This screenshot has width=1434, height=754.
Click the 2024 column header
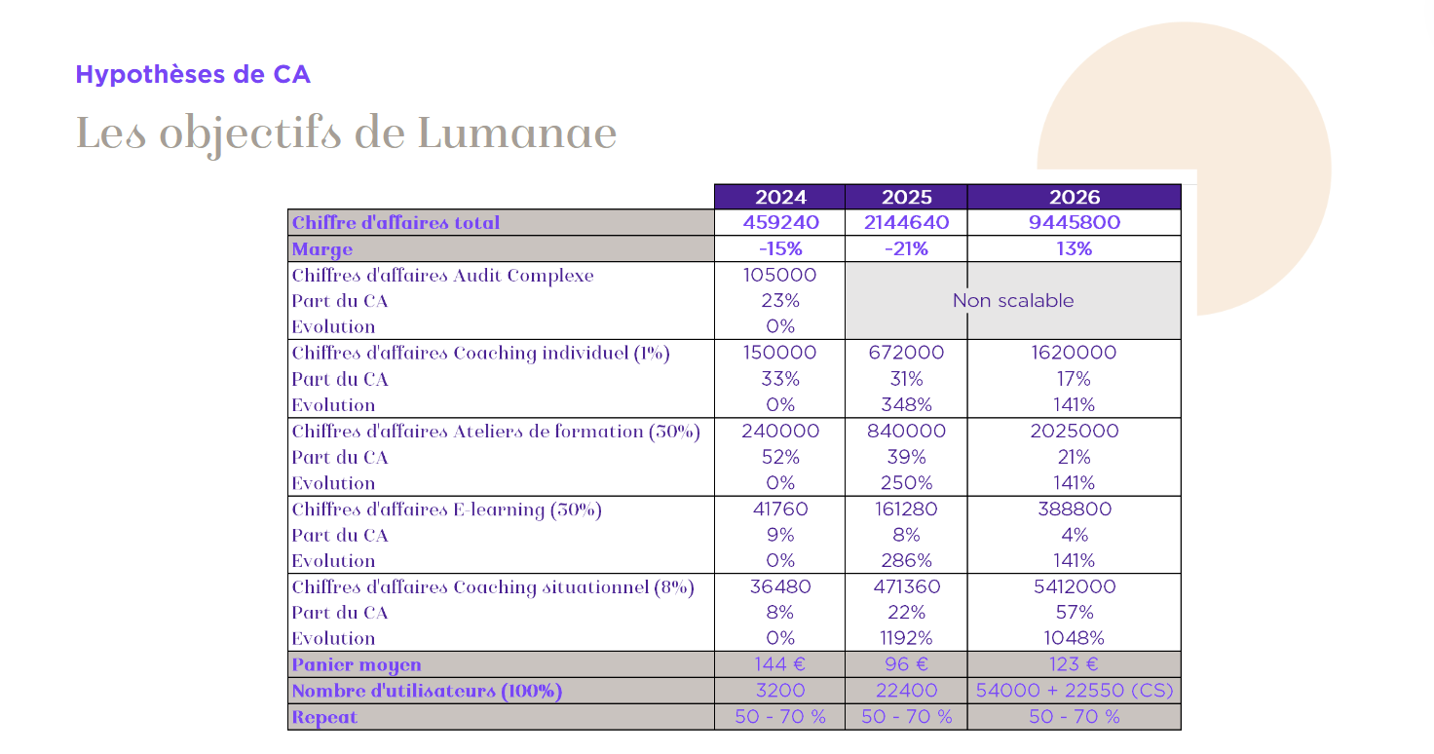pos(779,197)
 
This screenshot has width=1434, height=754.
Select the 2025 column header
pos(907,197)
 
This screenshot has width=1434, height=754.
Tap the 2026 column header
pos(1075,197)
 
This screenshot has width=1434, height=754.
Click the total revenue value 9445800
pos(1075,222)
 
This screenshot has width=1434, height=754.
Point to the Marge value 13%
pos(1075,248)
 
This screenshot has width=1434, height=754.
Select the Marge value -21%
pos(907,248)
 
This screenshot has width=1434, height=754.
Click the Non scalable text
pos(1013,300)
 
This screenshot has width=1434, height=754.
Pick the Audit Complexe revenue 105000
pos(779,275)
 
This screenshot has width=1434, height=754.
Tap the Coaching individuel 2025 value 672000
pos(907,352)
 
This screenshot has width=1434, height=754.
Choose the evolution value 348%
pos(907,404)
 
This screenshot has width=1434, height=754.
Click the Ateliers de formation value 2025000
pos(1075,431)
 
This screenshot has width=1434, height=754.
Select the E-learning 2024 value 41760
pos(779,509)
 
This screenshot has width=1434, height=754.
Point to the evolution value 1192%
pos(907,638)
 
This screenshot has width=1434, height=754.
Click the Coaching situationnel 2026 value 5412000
pos(1075,586)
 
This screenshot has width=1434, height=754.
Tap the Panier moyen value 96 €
pos(907,664)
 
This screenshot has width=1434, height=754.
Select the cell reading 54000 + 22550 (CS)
pos(1075,691)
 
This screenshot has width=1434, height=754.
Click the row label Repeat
pos(324,718)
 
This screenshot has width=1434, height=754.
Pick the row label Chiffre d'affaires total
pos(396,223)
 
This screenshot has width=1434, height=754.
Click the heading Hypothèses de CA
pos(193,75)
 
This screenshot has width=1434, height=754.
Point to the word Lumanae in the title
pos(517,133)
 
